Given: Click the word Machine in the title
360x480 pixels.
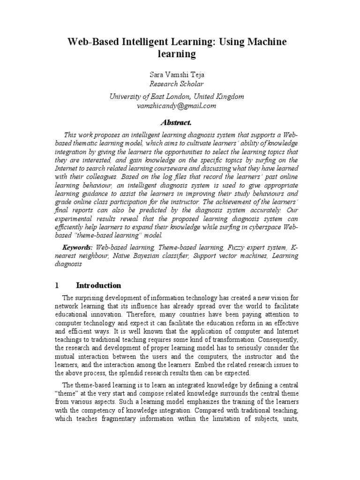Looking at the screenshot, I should pyautogui.click(x=265, y=42).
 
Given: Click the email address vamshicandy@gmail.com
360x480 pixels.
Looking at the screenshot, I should pyautogui.click(x=177, y=106).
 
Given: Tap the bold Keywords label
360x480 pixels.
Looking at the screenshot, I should pyautogui.click(x=78, y=247).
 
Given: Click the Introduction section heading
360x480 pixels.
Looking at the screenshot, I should pyautogui.click(x=98, y=285).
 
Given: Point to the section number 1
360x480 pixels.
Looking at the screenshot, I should pyautogui.click(x=57, y=285).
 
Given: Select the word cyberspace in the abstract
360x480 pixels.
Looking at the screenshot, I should pyautogui.click(x=258, y=227).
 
